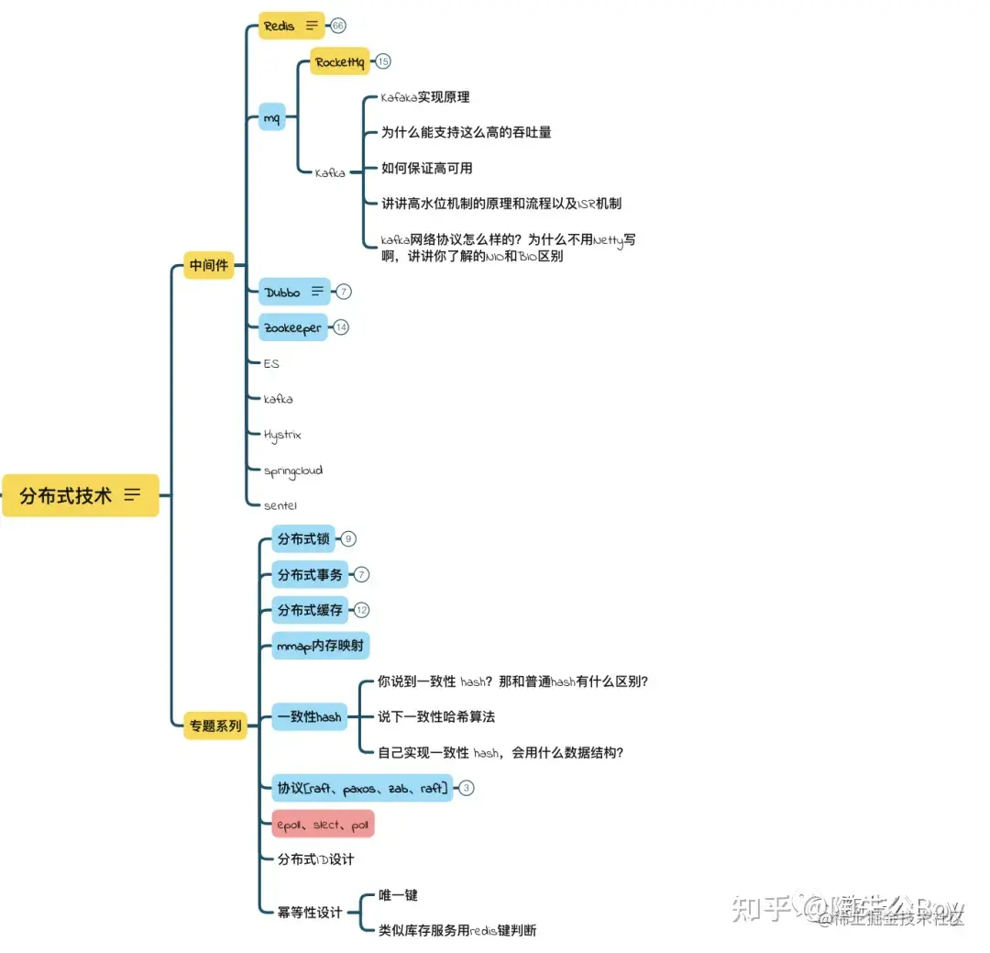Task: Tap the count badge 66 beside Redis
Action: (x=338, y=26)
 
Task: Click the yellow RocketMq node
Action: (x=339, y=61)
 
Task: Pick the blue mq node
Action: (x=271, y=116)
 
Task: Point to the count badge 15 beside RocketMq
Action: (x=383, y=61)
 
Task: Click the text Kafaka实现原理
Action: (x=425, y=96)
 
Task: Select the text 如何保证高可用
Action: (x=427, y=168)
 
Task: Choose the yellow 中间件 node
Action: (x=209, y=266)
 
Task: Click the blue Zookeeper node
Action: (x=292, y=327)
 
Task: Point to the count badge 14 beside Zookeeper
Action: (x=341, y=327)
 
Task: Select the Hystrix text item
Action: (x=282, y=435)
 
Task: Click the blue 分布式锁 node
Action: (x=303, y=539)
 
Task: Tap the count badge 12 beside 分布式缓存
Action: (x=362, y=610)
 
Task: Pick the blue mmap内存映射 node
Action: (x=320, y=646)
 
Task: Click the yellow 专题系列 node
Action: (x=215, y=726)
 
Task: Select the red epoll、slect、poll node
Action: (x=323, y=825)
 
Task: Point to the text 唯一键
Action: (x=398, y=894)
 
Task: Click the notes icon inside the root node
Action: (x=133, y=495)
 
